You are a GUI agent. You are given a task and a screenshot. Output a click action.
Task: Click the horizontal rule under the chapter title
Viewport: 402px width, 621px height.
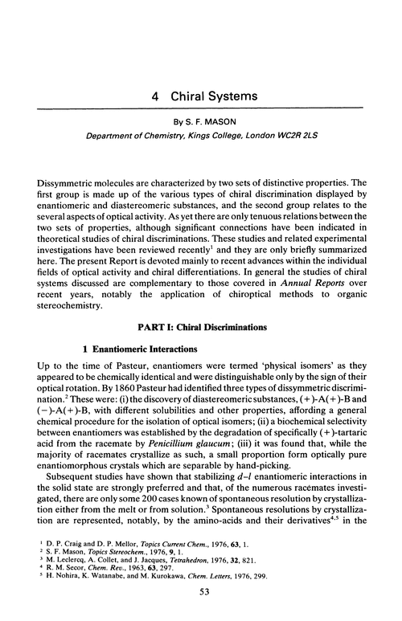click(201, 108)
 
